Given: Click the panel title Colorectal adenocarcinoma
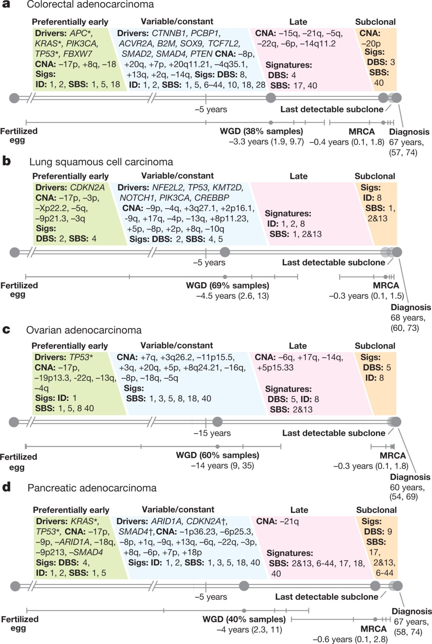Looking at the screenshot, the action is pos(90,5).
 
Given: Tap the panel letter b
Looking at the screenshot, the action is pos(6,161).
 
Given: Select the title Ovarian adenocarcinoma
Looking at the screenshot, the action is pos(84,330).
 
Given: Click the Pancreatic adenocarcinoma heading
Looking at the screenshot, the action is pos(92,488).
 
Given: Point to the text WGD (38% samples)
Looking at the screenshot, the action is pos(261,131).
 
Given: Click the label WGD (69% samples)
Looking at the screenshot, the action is pos(228,285).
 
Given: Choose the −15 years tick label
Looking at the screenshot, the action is pos(212,433).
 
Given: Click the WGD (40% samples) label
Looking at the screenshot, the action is pos(244,619).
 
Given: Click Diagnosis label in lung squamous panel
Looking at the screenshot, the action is pos(410,307).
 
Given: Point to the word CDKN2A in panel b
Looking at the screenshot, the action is pos(87,188).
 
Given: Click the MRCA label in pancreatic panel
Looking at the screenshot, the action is pos(373,629).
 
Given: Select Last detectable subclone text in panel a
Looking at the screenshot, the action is pos(332,109).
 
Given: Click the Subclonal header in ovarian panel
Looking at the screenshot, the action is pos(375,346).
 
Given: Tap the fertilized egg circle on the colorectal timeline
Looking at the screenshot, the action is pos(14,98).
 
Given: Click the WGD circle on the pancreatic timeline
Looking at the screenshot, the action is pos(244,586).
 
